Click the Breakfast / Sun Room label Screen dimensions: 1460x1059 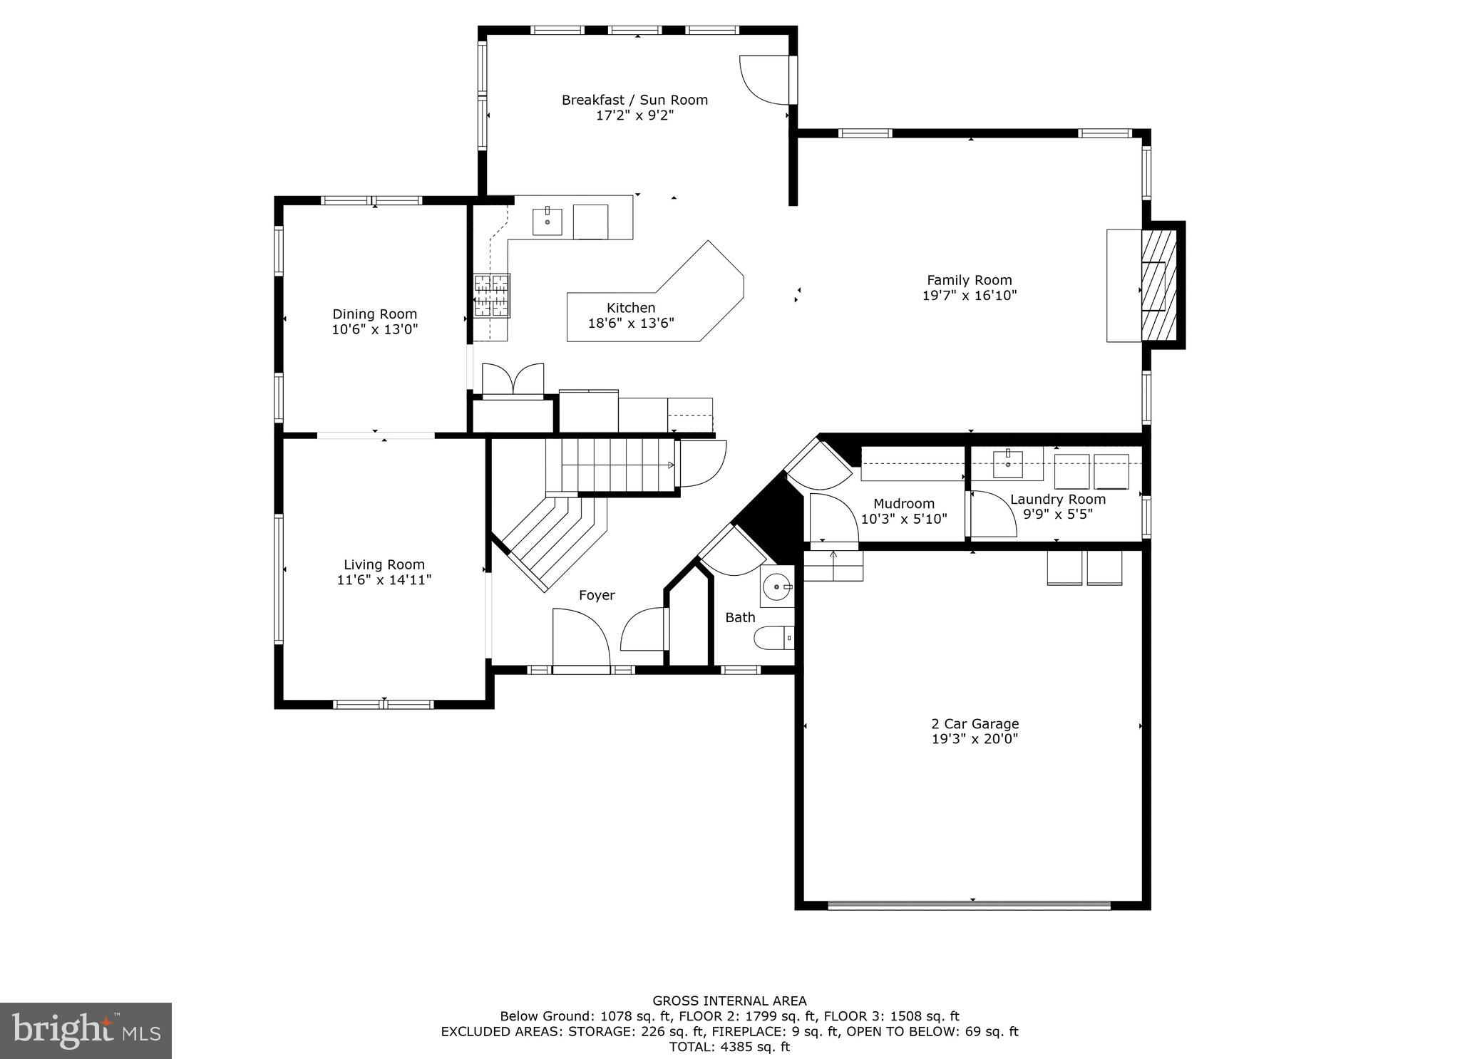coord(634,100)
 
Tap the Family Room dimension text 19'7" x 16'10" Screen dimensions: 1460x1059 coord(970,296)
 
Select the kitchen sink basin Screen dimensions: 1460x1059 coord(547,222)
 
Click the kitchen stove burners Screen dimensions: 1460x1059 coord(493,295)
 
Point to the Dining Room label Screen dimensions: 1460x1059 coord(374,314)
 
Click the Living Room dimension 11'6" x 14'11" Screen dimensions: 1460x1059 coord(384,580)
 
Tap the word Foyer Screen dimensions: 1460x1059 coord(597,595)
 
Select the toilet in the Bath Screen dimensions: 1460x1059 coord(774,638)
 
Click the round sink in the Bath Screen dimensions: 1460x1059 coord(777,587)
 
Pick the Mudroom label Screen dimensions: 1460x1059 coord(904,504)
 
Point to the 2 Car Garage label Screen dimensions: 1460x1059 coord(975,724)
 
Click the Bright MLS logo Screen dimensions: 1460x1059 coord(86,1030)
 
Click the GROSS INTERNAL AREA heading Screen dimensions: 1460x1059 coord(729,1001)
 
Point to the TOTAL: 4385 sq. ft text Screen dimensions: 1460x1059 coord(729,1047)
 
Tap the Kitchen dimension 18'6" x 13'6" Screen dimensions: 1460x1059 coord(631,324)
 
